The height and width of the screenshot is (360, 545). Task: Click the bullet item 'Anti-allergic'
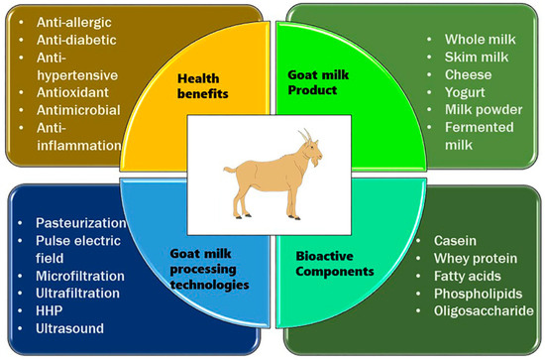coord(75,20)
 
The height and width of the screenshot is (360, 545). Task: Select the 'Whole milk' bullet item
coord(464,39)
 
